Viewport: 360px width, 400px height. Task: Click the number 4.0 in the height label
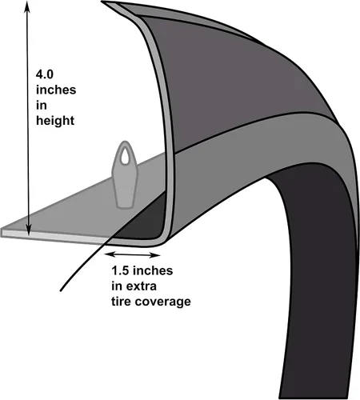tap(45, 74)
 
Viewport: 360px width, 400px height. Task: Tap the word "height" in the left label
tap(55, 121)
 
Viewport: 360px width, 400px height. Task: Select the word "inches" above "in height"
tap(56, 90)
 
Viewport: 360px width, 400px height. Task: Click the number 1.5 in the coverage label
tap(120, 270)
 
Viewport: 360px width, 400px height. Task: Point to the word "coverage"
tap(163, 302)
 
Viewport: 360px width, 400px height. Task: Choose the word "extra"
tap(142, 286)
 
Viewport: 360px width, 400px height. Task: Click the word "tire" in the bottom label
tap(122, 302)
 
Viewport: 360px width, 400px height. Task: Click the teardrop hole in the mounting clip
tap(125, 156)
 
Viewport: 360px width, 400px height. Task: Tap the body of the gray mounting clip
tap(125, 184)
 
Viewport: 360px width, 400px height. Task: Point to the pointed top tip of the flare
tap(102, 2)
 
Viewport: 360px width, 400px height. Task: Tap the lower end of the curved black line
tap(61, 290)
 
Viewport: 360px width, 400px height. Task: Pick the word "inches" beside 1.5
tap(153, 270)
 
